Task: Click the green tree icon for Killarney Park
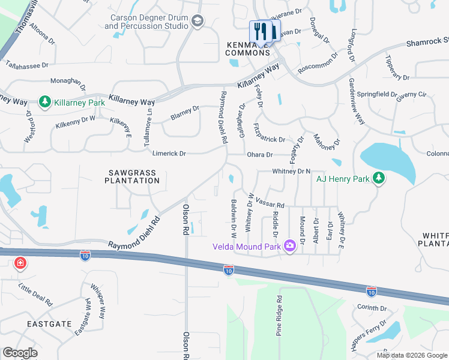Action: click(44, 103)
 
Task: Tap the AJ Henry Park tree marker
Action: click(378, 178)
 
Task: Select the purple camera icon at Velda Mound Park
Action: click(289, 246)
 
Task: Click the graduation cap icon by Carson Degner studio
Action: click(197, 22)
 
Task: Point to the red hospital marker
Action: click(20, 263)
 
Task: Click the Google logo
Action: click(20, 353)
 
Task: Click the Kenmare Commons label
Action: click(248, 49)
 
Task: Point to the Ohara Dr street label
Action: click(260, 155)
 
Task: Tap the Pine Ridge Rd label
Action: click(279, 317)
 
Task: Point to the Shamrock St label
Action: click(426, 44)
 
